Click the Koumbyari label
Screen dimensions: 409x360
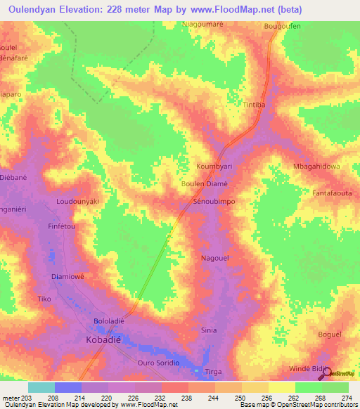pos(214,167)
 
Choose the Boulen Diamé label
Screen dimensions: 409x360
pos(205,183)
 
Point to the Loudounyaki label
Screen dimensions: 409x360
pos(77,201)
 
